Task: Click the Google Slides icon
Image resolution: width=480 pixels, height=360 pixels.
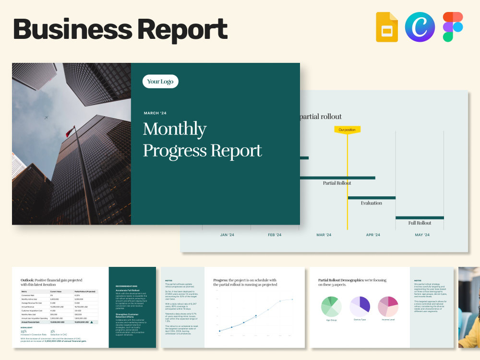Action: pos(387,27)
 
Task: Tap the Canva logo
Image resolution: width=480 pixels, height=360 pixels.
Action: pos(420,27)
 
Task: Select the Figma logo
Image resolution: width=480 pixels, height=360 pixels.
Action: pos(453,27)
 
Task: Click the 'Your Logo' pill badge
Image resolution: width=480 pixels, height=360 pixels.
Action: pos(160,82)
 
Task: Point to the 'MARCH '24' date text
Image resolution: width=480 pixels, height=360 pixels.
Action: pos(155,113)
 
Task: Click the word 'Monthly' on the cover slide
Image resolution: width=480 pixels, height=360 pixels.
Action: pos(175,129)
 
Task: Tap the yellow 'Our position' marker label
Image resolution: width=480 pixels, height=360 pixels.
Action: pos(347,130)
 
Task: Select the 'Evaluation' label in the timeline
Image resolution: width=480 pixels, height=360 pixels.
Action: pos(372,203)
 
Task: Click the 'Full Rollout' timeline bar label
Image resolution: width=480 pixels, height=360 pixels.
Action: pos(420,223)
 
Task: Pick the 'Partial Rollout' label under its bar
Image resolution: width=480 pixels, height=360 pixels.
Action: pos(337,183)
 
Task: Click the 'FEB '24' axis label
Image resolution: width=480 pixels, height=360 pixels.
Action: pos(275,235)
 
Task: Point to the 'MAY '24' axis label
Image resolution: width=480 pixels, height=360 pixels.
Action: pos(422,235)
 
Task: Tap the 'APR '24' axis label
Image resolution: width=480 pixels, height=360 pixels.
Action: pos(373,235)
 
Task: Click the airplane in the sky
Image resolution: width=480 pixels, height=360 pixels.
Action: pos(46,118)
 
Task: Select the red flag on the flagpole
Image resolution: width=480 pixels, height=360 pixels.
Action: pos(70,132)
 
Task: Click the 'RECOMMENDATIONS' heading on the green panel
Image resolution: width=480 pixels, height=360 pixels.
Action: pos(126,286)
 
